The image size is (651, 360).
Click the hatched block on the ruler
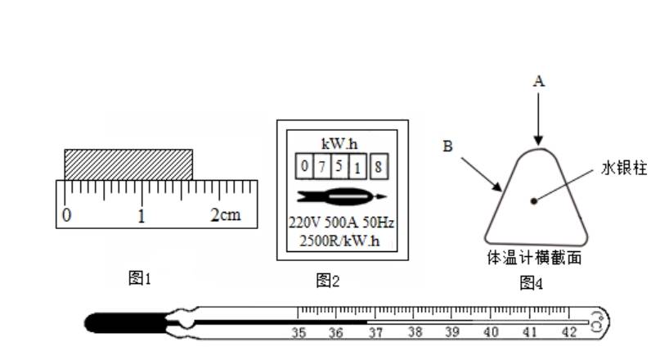(x=128, y=164)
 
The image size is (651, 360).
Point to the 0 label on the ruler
(x=66, y=215)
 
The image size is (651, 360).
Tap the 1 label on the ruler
(x=141, y=216)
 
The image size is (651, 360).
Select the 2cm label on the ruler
(x=226, y=214)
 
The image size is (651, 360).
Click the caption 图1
(x=140, y=278)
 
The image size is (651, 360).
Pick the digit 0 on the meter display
(x=305, y=166)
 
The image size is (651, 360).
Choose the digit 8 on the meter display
(x=378, y=167)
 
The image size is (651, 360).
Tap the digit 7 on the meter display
(x=321, y=167)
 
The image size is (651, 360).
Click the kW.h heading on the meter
(x=339, y=144)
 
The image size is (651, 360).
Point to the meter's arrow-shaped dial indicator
(x=342, y=196)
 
